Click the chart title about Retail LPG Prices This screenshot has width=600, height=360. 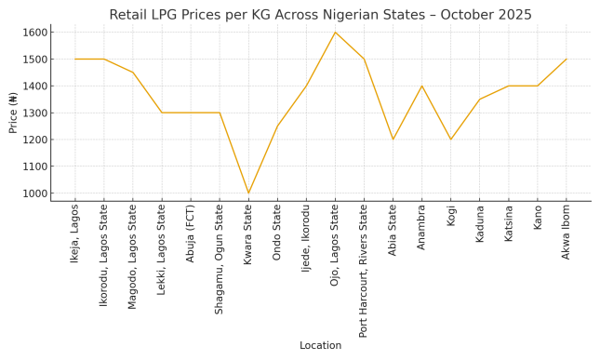[320, 15]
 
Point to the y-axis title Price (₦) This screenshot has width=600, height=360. [13, 113]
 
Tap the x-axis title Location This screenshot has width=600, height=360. [320, 345]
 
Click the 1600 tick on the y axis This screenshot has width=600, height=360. [34, 33]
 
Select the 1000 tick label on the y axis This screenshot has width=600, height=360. [34, 193]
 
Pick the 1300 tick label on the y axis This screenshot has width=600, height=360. [34, 113]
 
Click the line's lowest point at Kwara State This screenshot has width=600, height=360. [248, 193]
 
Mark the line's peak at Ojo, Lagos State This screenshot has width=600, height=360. [335, 33]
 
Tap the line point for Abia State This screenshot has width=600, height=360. [393, 140]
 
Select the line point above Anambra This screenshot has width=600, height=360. [421, 87]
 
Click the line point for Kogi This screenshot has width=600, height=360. [451, 140]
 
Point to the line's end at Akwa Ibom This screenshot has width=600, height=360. [567, 60]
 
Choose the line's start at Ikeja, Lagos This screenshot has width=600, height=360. [75, 60]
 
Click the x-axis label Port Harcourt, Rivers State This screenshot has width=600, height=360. [364, 271]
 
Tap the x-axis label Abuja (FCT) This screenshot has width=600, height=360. [191, 233]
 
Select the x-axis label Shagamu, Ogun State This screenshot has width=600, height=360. [220, 260]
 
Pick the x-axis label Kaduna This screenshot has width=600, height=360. [480, 225]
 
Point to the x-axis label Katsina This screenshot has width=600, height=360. [509, 225]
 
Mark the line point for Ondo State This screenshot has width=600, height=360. [277, 127]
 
